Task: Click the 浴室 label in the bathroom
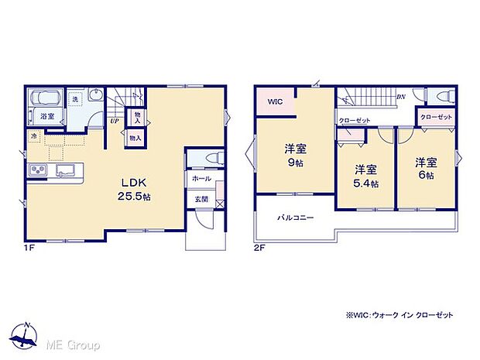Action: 47,116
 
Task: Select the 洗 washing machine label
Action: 74,98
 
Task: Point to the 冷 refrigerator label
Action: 35,136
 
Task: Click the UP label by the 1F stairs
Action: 115,121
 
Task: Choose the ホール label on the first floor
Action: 201,178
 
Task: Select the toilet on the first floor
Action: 210,158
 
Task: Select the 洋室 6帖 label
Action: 425,170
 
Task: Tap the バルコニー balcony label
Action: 296,219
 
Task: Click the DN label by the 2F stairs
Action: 401,97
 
